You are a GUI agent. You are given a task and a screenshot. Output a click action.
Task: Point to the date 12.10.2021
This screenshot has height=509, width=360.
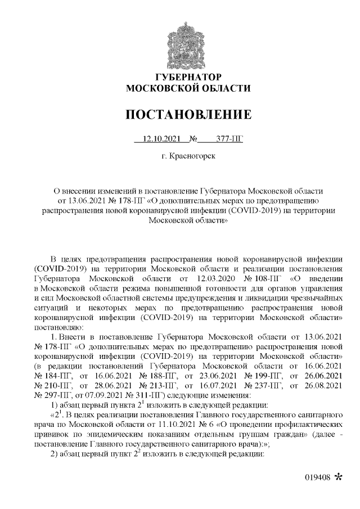161,138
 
